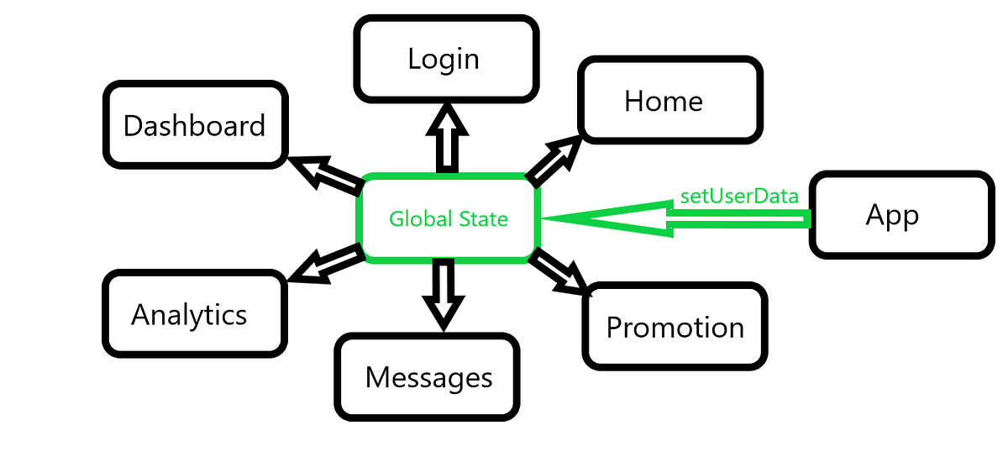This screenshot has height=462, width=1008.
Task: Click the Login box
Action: pos(445,59)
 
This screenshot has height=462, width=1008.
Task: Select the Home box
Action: pos(669,100)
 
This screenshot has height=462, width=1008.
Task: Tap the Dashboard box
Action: pos(194,125)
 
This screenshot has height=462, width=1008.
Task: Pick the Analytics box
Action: pos(192,314)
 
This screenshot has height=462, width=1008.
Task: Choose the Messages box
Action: pos(428,377)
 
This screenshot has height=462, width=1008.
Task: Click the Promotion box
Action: pos(675,326)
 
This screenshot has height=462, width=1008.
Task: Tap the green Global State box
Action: pos(449,218)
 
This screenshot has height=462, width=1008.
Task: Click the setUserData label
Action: pos(739,197)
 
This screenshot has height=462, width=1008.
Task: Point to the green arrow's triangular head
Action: pos(605,219)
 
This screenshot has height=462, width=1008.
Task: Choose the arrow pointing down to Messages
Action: pos(443,294)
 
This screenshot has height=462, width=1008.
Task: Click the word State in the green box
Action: pos(483,219)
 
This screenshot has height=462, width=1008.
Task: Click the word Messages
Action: pos(428,377)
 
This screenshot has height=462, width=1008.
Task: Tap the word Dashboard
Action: pos(194,126)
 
